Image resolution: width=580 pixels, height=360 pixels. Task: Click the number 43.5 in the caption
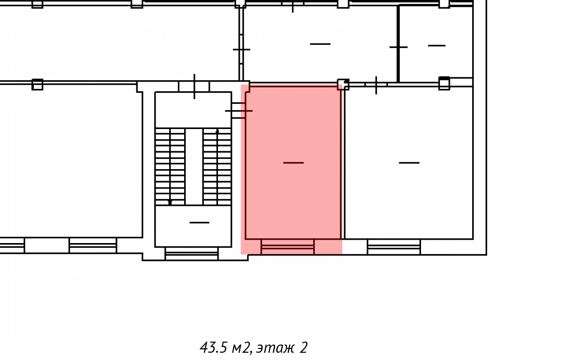pos(213,347)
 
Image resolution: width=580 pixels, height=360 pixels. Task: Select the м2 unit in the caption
pos(241,348)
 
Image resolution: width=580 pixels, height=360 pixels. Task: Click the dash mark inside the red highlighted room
pos(293,163)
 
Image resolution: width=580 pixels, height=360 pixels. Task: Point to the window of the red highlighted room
pos(288,246)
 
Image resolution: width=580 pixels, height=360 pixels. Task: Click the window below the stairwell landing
pos(191,254)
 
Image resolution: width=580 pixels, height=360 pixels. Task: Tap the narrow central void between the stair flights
pos(194,167)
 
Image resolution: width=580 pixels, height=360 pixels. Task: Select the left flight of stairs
pos(170,167)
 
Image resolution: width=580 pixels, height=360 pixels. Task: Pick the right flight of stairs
pos(217,167)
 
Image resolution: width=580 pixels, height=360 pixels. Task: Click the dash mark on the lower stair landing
pos(199,223)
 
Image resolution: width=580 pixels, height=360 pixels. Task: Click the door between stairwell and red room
pos(238,111)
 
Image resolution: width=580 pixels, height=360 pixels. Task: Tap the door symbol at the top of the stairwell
pos(194,86)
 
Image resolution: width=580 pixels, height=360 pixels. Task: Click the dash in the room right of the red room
pos(409,163)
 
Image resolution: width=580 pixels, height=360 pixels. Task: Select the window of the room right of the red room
pos(394,247)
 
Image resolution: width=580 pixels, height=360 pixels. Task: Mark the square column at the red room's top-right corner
pos(343,85)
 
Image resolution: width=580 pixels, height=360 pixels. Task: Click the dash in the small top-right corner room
pos(437,45)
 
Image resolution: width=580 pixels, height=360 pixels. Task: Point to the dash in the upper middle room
pos(320,44)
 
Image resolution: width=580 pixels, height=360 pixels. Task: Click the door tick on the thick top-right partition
pos(398,47)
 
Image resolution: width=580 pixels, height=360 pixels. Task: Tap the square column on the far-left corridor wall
pos(37,85)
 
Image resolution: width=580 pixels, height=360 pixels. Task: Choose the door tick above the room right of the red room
pos(376,85)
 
